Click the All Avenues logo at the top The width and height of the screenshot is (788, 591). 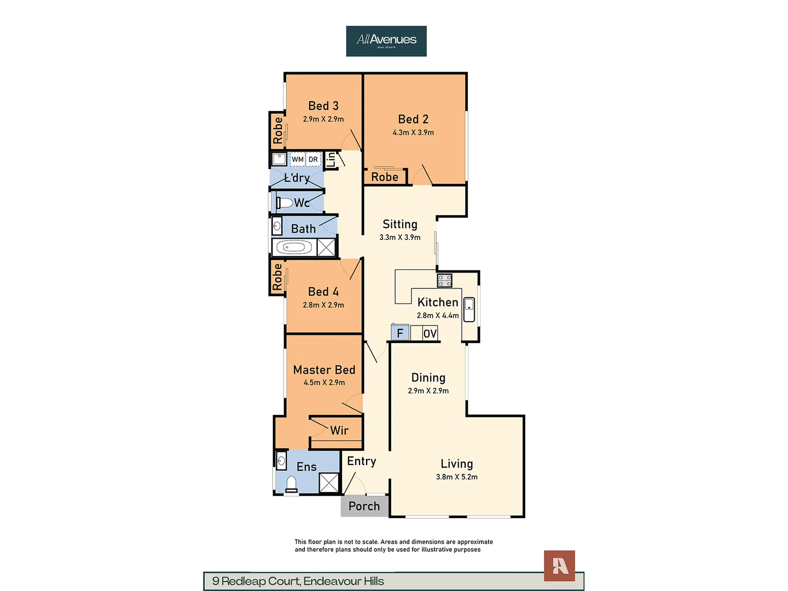(x=386, y=41)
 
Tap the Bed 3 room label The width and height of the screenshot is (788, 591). (x=323, y=106)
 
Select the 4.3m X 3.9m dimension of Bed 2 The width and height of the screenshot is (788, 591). (x=413, y=132)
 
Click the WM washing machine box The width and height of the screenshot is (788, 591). (x=297, y=159)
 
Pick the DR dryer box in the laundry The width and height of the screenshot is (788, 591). (x=313, y=159)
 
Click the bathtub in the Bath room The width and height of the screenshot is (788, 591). (x=294, y=248)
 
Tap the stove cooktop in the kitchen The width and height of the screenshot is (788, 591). (x=444, y=281)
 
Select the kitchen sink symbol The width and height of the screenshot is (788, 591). (x=469, y=310)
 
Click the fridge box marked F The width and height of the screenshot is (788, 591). (x=400, y=333)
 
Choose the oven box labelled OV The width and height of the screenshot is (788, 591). (x=430, y=333)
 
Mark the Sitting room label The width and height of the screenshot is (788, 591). (x=400, y=224)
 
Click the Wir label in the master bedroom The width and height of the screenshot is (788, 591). (x=339, y=431)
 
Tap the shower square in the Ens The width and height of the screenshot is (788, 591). (x=329, y=483)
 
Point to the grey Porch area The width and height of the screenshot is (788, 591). (x=364, y=506)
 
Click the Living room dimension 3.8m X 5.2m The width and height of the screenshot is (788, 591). (x=456, y=477)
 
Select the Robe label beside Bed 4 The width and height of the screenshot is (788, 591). (x=277, y=277)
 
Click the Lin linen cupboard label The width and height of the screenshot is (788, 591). (x=331, y=159)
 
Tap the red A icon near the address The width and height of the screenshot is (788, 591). (x=559, y=566)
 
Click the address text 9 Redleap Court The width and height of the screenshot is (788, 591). (x=298, y=581)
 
